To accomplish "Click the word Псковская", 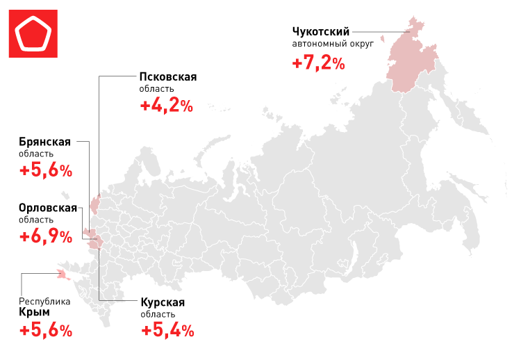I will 168,76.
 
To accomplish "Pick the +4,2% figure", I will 166,106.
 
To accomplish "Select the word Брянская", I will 46,142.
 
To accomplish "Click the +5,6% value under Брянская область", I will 46,171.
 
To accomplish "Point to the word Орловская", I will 48,207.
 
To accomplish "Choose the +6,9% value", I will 46,236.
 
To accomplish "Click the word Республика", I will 44,302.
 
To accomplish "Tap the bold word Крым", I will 34,313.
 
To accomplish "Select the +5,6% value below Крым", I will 46,330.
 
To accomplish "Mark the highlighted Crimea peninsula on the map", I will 63,274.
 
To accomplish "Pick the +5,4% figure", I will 167,330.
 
